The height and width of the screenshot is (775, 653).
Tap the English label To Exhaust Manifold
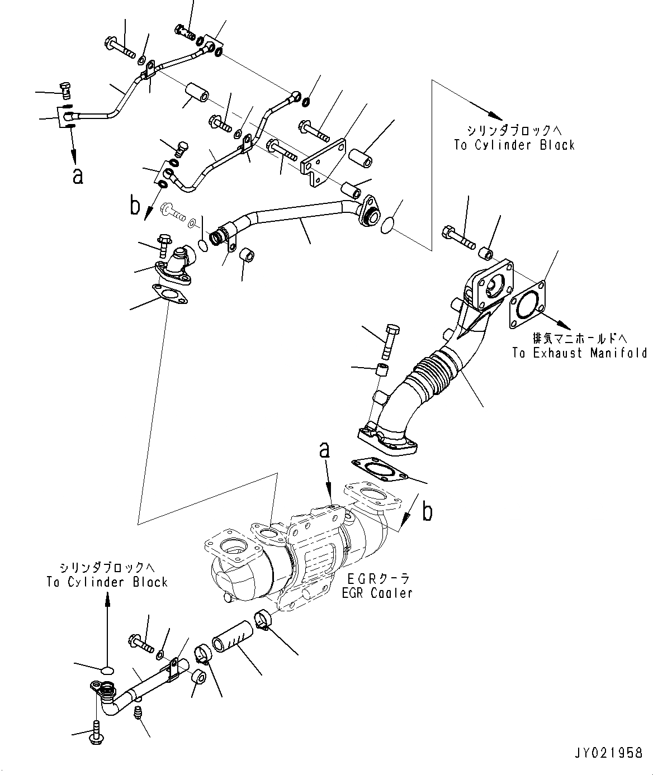tap(579, 353)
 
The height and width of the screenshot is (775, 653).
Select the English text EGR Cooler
tap(377, 593)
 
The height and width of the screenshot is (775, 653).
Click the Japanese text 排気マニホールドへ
tap(579, 338)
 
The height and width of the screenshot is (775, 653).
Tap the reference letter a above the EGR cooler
tap(324, 450)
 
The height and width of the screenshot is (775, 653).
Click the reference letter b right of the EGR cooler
tap(427, 511)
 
